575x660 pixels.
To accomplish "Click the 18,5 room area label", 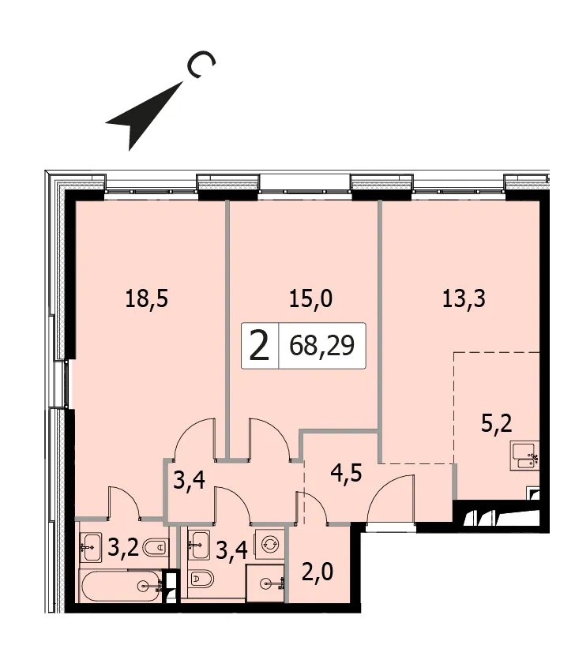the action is click(147, 299).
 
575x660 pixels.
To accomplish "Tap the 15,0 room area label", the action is click(310, 299).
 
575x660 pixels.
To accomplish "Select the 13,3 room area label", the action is click(464, 299).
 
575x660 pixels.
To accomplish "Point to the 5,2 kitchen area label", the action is click(497, 423).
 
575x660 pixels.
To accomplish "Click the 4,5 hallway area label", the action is click(347, 473).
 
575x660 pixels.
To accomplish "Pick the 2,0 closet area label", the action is click(318, 572).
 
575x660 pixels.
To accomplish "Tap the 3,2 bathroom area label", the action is click(123, 547).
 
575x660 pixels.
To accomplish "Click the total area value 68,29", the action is click(321, 346).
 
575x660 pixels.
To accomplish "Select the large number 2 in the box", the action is click(259, 346).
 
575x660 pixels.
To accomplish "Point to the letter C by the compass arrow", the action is click(201, 65).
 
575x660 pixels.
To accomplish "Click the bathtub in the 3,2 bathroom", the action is click(122, 586).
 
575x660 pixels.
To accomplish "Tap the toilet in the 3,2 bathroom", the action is click(156, 548).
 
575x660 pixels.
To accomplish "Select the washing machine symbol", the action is click(269, 545).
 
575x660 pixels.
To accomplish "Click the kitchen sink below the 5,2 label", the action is click(524, 456).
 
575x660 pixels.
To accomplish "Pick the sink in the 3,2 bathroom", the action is click(90, 547).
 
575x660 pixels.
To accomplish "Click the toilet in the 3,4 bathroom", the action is click(201, 579).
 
